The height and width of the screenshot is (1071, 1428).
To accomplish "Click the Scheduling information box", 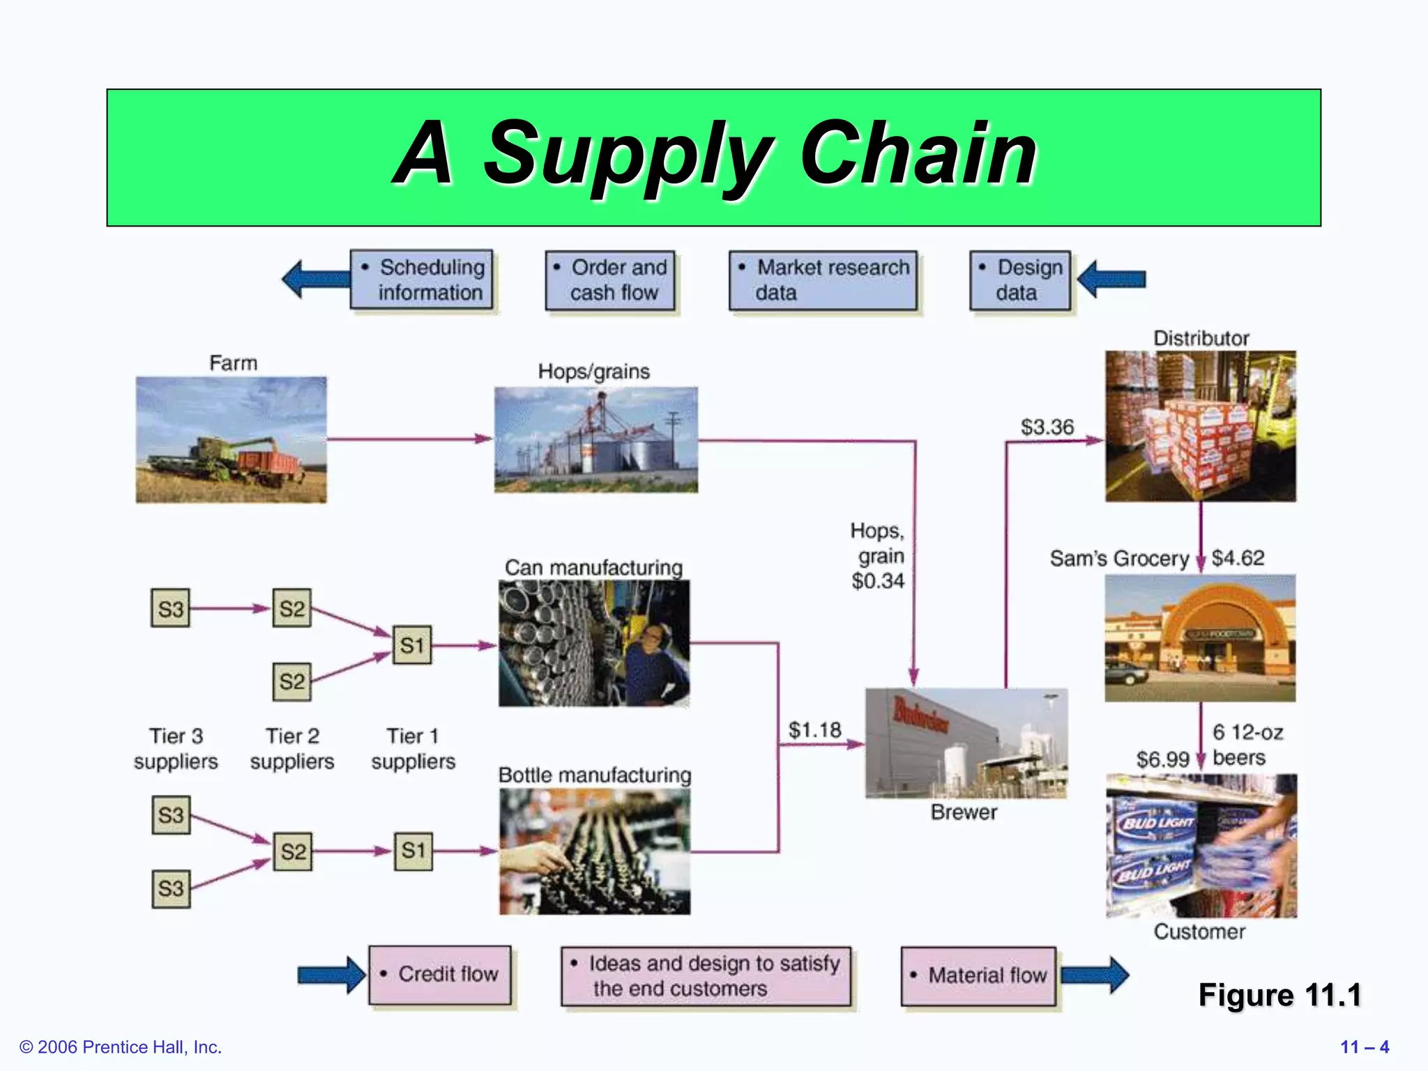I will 422,280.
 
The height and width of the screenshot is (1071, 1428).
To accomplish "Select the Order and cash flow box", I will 610,280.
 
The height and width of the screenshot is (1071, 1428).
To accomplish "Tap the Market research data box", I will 823,280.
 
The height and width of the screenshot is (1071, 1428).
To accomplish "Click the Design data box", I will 1019,280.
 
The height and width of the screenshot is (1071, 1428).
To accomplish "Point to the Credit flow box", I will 440,974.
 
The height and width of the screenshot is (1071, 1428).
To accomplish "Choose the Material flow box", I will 978,975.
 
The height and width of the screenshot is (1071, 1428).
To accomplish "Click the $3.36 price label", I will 1047,427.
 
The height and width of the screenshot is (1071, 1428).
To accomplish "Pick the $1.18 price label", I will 814,729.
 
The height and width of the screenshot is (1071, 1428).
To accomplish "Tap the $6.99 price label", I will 1162,759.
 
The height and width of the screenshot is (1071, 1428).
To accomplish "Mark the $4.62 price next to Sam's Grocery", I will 1238,558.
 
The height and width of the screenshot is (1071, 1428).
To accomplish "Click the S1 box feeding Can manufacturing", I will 411,645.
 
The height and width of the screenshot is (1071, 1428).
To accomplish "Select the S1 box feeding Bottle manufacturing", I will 413,851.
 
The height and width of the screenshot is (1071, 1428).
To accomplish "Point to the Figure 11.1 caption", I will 1279,995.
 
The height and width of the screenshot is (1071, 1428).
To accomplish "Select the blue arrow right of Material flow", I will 1095,975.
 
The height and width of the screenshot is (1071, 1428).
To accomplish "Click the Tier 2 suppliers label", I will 292,748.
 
